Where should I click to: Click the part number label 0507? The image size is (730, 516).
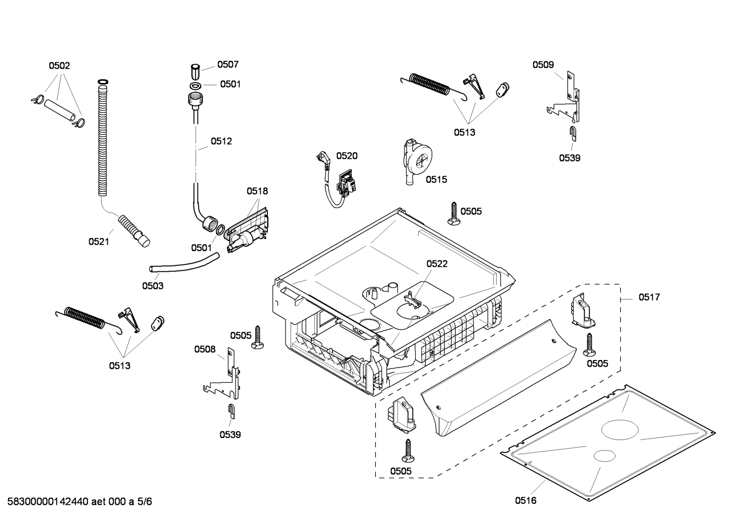coord(228,64)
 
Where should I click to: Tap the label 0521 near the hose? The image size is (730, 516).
coord(99,242)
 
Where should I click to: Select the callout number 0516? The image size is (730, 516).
coord(525,501)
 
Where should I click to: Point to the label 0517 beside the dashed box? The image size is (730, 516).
coord(649,297)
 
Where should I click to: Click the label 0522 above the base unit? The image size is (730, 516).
coord(437,264)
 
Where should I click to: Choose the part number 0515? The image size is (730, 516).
coord(436,179)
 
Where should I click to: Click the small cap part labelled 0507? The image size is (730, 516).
coord(195,69)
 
